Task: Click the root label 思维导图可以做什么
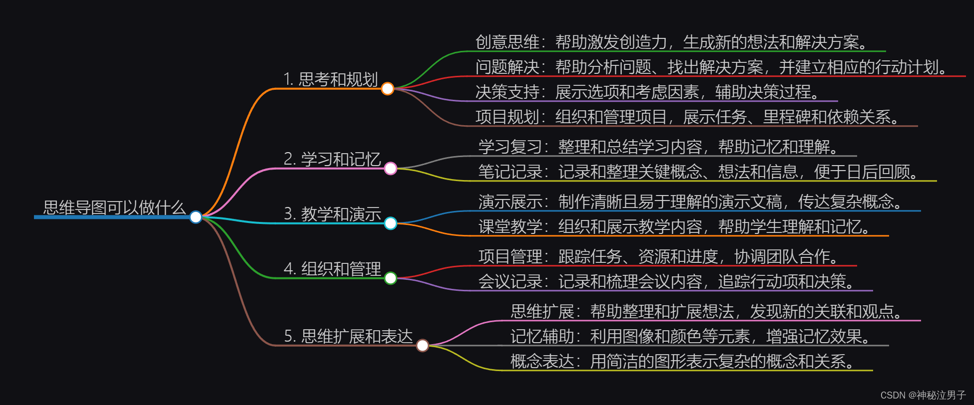[114, 207]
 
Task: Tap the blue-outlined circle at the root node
[196, 217]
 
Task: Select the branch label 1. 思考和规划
[330, 79]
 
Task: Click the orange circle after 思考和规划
[388, 89]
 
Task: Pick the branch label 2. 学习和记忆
[332, 159]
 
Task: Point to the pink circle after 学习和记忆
[391, 169]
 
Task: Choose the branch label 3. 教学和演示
[332, 214]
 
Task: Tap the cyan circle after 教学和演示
[391, 223]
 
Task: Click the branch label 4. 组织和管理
[332, 269]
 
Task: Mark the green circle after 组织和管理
[391, 278]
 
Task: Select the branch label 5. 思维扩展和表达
[348, 336]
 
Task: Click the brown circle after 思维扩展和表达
[423, 345]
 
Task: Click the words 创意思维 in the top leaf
[507, 42]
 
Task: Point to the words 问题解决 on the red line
[507, 67]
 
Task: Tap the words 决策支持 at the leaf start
[507, 92]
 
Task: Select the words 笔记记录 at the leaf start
[510, 172]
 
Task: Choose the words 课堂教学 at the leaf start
[510, 226]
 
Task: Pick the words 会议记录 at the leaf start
[510, 281]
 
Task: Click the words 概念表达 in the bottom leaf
[542, 361]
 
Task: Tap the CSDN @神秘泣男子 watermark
[923, 395]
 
